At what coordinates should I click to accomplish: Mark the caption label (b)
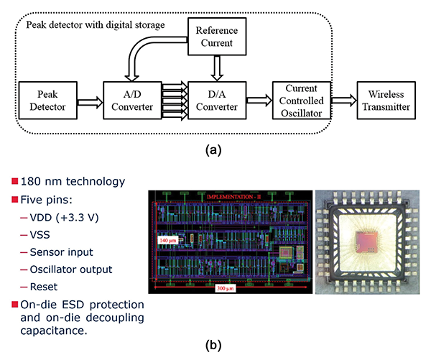coord(215,345)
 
